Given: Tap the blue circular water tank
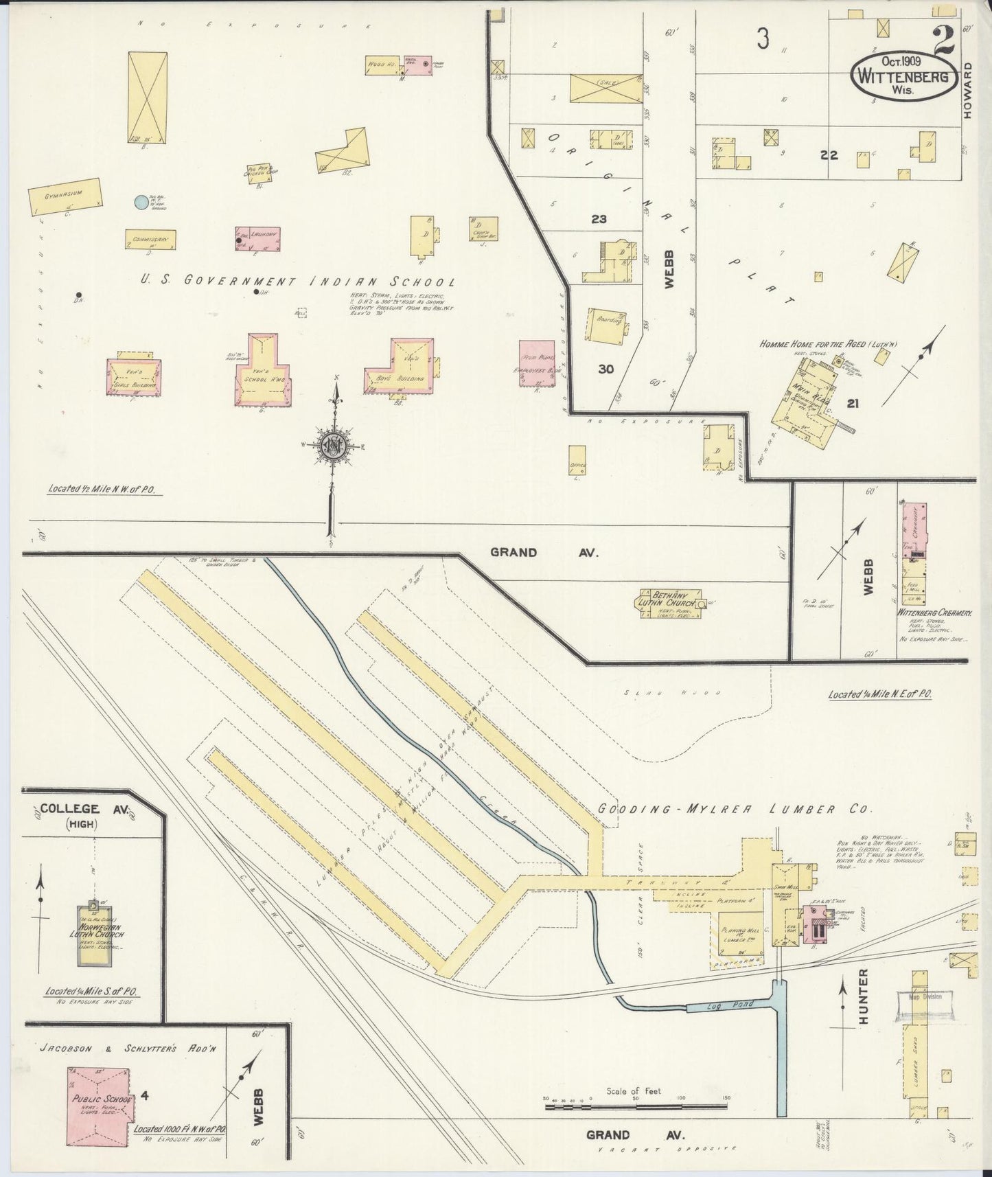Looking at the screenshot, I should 141,202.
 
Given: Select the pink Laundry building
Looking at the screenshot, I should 257,238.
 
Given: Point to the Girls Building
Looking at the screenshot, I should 135,376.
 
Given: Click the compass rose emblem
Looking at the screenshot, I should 334,445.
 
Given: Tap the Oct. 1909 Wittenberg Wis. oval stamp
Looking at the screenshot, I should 904,77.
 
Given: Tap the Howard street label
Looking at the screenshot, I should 968,91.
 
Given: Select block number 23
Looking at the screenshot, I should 599,219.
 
